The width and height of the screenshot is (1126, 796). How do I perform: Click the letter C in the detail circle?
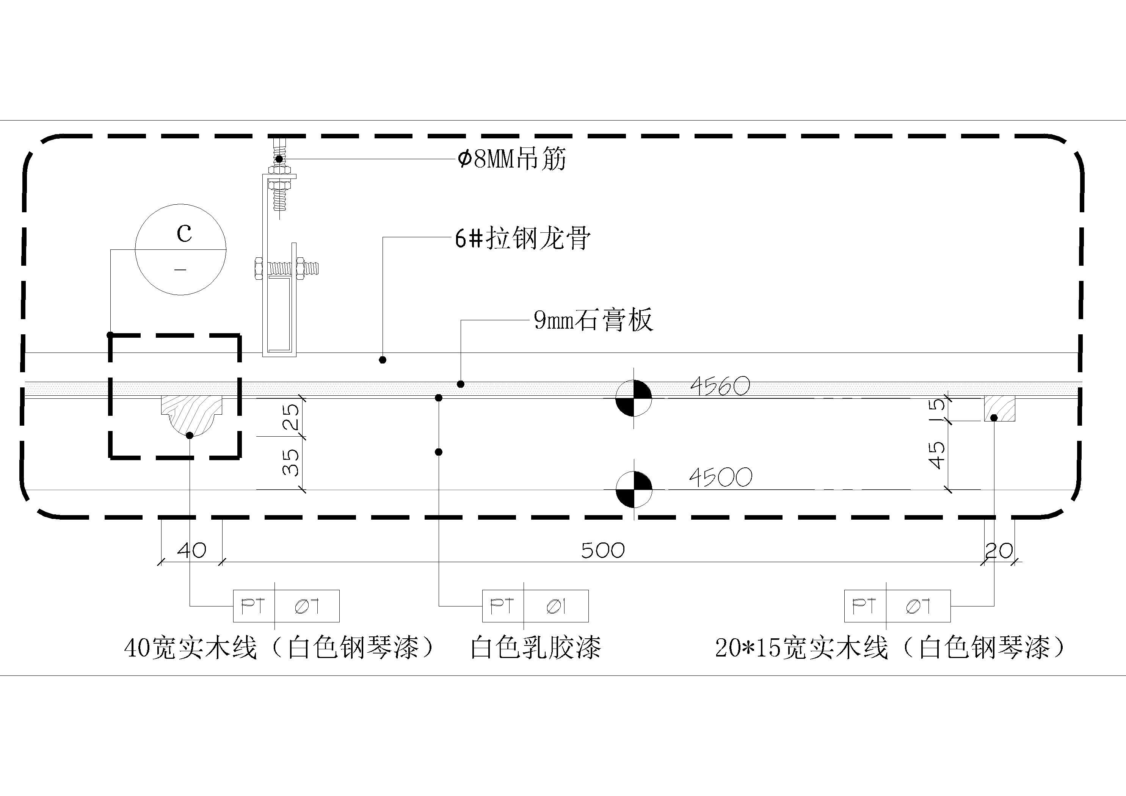pos(184,233)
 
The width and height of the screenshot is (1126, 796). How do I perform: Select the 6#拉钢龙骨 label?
pos(523,239)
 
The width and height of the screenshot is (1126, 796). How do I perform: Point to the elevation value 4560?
pos(720,387)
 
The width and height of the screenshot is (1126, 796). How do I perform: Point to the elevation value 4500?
pos(720,477)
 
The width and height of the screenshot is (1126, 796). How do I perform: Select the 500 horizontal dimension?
pos(603,550)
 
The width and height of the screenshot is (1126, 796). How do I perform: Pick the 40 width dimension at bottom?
pos(191,550)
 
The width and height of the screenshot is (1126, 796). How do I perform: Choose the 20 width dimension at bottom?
pos(999,550)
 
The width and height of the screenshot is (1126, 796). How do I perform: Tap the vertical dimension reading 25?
pos(291,417)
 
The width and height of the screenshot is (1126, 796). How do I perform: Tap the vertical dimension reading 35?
pos(291,462)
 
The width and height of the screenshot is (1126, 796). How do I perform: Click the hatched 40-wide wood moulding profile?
pos(191,414)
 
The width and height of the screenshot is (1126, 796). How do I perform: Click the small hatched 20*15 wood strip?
pos(999,409)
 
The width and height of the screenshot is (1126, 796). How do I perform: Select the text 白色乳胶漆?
pos(536,647)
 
